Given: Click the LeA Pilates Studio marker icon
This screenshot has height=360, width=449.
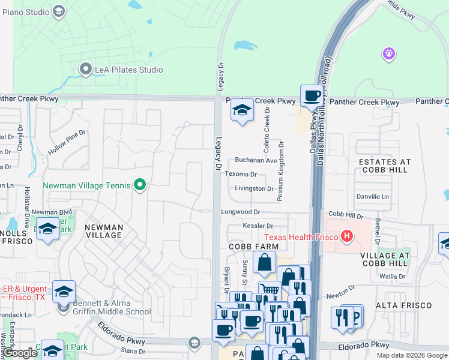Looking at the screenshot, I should (x=85, y=70).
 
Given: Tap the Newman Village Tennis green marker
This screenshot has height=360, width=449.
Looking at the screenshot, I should (x=140, y=185).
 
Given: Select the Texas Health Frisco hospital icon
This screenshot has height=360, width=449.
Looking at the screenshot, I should (x=346, y=236).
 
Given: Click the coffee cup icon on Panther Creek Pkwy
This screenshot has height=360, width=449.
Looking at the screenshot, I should (x=311, y=95).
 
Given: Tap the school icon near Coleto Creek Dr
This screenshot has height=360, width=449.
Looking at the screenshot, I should (x=242, y=110).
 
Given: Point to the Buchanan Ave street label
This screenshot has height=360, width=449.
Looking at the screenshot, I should (x=255, y=160).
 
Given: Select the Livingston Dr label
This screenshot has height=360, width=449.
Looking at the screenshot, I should (x=254, y=188).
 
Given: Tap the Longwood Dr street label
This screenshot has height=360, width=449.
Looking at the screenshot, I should (x=240, y=212).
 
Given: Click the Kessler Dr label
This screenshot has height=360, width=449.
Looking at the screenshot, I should (x=258, y=226).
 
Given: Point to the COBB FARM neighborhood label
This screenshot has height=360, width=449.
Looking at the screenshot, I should (x=253, y=247).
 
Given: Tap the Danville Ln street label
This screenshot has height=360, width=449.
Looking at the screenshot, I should (x=373, y=196).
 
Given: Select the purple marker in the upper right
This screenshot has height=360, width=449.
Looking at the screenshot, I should (x=388, y=55).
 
